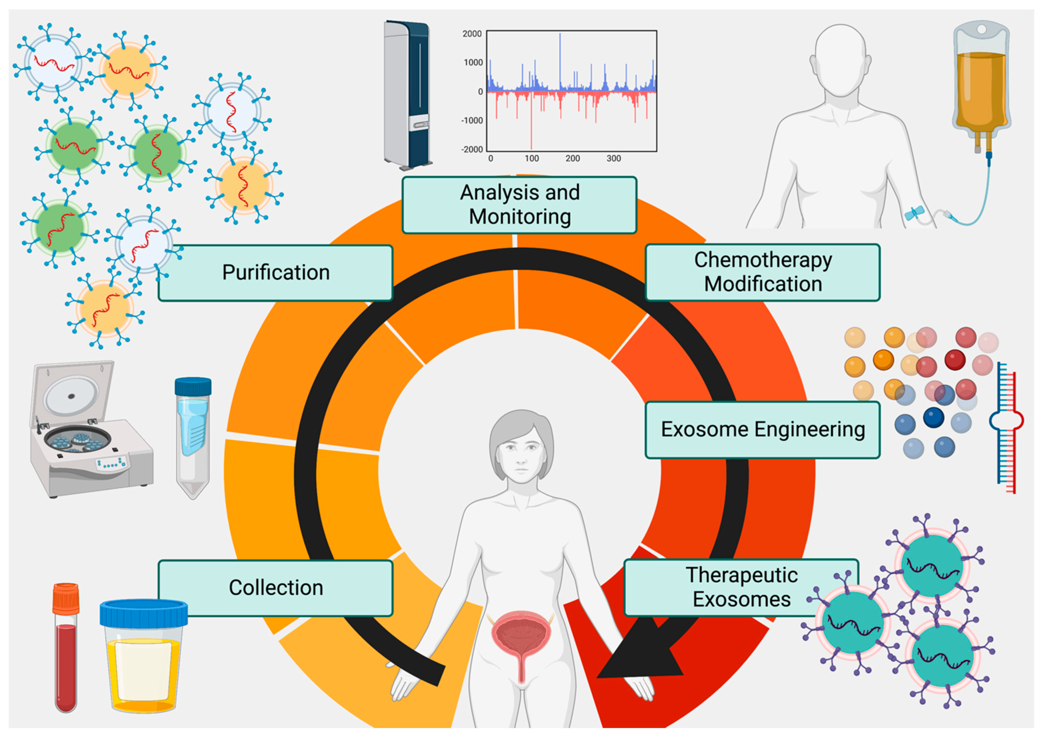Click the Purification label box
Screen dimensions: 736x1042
pos(276,273)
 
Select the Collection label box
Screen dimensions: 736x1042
pos(276,588)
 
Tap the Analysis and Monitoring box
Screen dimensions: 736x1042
pos(519,205)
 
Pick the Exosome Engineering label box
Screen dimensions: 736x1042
pos(763,430)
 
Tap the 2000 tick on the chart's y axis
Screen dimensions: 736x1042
pos(472,34)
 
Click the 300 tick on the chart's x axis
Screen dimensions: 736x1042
pos(614,158)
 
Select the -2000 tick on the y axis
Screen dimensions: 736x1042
pos(472,149)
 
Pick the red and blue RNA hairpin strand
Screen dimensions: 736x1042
pos(1007,427)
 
